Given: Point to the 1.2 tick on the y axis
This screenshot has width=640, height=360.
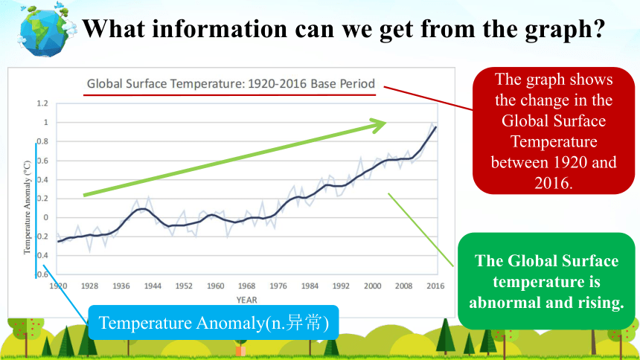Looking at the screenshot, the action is [x=42, y=103].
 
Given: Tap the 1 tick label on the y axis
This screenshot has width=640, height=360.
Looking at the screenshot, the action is [x=45, y=122].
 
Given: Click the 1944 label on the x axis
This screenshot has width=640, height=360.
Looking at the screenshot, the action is [x=153, y=286].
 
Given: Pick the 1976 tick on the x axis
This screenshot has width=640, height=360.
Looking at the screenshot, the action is [x=278, y=286].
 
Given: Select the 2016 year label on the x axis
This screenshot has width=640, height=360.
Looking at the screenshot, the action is [x=435, y=286].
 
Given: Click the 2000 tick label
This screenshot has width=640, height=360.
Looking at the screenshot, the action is [x=372, y=286].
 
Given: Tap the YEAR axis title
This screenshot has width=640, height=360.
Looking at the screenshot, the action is [x=246, y=300].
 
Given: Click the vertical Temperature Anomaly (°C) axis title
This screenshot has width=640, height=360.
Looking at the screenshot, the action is [x=27, y=208].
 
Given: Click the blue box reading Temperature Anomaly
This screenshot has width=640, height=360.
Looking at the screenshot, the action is [x=214, y=323].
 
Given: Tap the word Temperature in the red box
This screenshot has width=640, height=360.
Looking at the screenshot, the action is [x=554, y=141].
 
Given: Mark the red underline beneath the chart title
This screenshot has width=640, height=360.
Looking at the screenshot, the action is [x=229, y=95].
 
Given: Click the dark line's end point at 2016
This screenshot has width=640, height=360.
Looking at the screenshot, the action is [x=436, y=127].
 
